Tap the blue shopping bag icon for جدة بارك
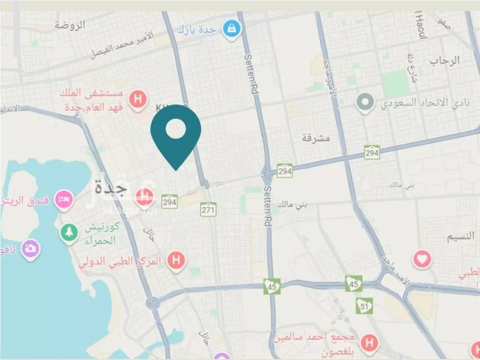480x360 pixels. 231,29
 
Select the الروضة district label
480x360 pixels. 70,25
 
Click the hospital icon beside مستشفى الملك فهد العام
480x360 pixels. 138,100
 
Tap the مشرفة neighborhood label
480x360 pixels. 317,138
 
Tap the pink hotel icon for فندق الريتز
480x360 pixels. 63,199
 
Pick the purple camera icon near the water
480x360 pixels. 30,249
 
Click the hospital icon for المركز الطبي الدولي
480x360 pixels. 176,261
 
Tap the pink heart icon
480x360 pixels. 422,260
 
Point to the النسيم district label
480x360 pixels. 461,237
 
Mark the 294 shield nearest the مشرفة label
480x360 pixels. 372,153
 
